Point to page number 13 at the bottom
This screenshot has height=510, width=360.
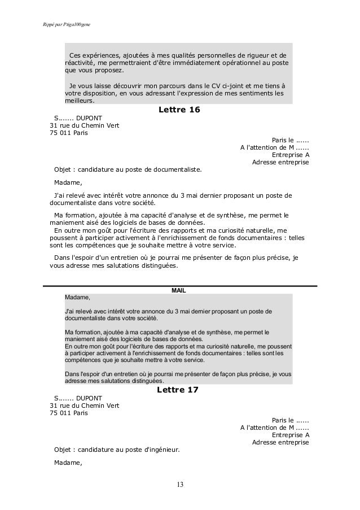pos(180,485)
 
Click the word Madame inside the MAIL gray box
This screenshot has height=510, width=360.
pos(77,297)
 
